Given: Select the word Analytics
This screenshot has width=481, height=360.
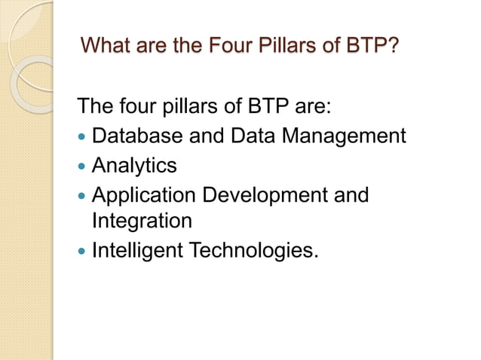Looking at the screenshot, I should (x=133, y=165).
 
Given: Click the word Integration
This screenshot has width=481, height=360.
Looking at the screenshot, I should (x=142, y=221).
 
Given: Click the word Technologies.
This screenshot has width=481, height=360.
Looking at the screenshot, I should (x=256, y=250).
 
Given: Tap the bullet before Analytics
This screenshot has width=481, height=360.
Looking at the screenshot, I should (x=82, y=166).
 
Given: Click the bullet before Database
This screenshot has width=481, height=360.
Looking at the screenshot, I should (x=82, y=137).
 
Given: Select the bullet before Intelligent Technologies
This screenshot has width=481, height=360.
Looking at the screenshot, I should (x=82, y=251).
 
